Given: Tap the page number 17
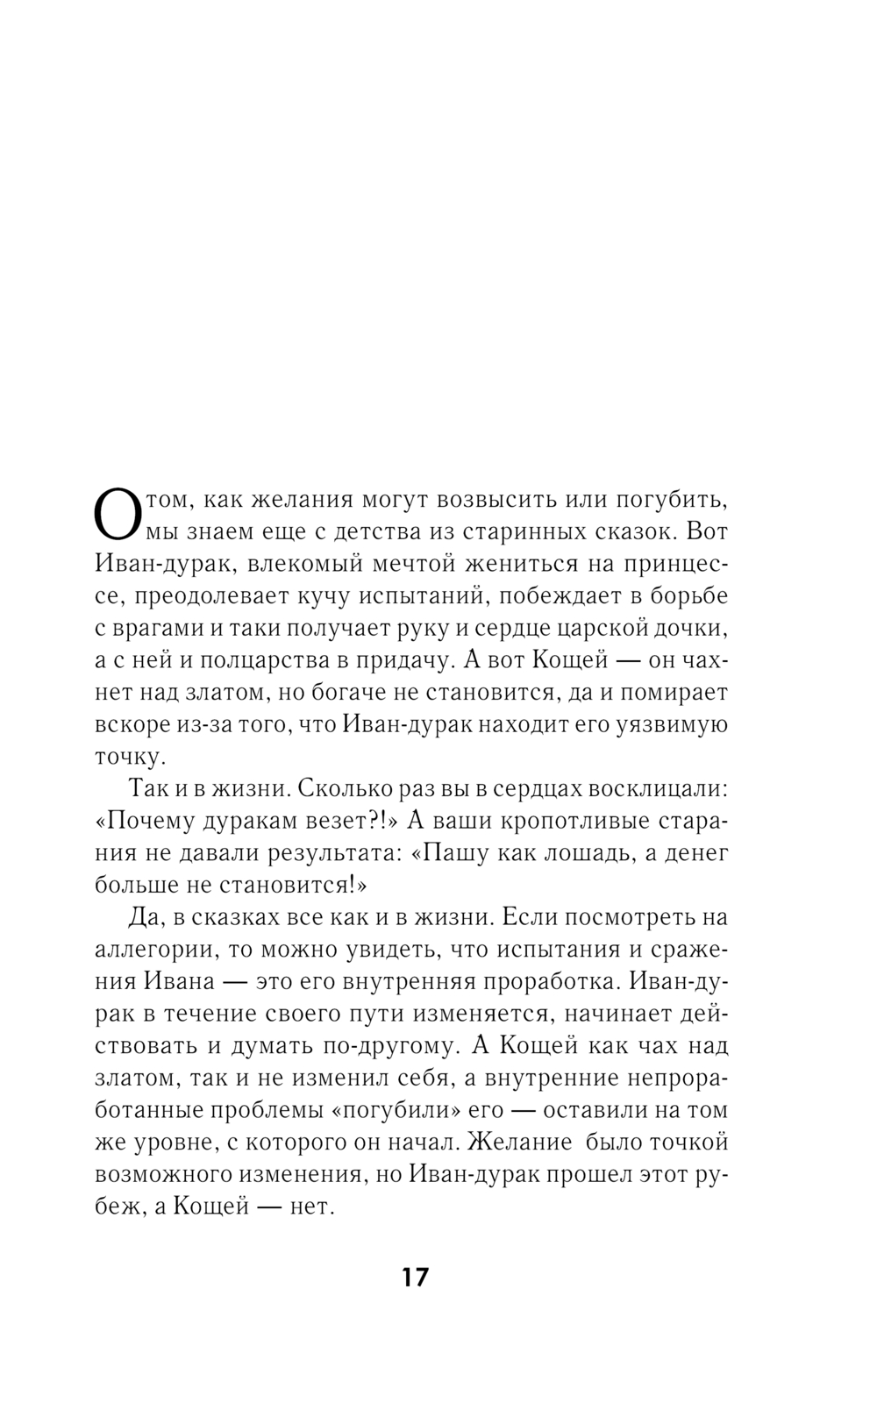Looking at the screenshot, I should click(416, 1277).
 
